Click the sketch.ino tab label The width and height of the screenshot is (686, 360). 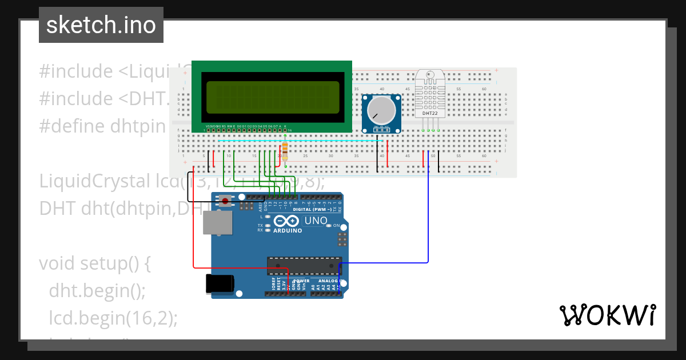pos(101,25)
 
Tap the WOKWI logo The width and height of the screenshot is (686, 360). pos(607,315)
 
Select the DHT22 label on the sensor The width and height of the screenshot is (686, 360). pos(430,113)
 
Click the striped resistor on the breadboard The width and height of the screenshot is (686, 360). pos(285,150)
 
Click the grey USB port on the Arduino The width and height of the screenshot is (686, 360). pos(218,223)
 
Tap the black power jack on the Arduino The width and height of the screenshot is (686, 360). pos(220,284)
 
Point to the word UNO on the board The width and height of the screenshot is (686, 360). pos(316,221)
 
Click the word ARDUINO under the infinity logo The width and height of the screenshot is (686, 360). pos(287,231)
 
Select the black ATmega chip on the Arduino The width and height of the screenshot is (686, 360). pos(304,265)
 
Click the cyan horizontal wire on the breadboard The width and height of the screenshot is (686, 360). pos(297,141)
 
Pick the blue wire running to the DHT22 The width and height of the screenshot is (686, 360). pos(428,217)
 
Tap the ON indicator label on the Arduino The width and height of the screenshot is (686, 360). pos(336,226)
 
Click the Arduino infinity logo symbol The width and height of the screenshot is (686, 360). pos(287,221)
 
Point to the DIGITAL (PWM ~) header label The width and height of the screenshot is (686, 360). pos(311,210)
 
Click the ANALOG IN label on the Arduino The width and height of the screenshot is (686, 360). pos(328,281)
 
